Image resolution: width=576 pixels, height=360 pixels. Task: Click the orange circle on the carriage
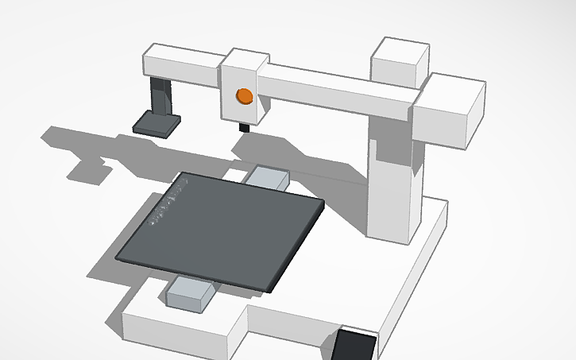coord(245,97)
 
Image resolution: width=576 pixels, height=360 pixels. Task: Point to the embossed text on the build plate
coord(168,202)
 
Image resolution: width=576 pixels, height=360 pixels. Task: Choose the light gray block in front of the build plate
coord(191,293)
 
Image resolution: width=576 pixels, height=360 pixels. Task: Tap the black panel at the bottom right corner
coord(354,346)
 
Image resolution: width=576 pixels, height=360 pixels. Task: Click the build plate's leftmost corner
coord(118,257)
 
